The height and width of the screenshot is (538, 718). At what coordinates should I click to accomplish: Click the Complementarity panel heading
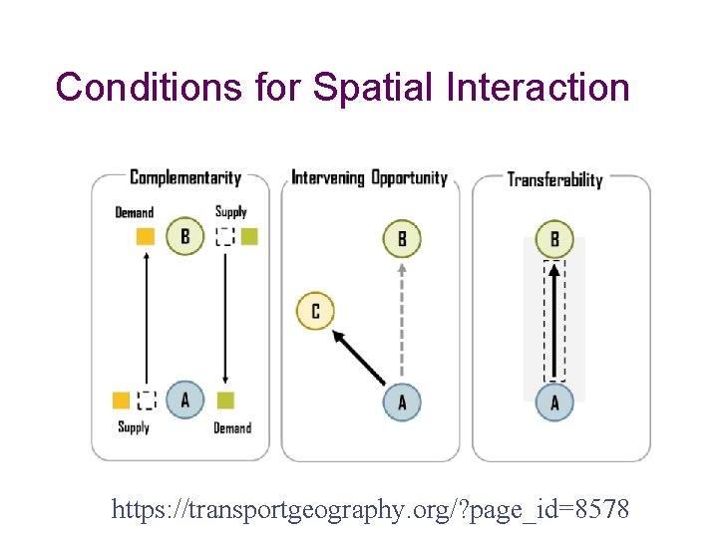pos(185,177)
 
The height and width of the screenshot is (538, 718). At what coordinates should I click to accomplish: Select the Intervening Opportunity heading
pos(369,178)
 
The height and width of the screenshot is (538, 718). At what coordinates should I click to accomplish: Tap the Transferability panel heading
pos(555,179)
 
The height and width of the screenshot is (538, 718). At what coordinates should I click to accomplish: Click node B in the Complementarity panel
pos(184,236)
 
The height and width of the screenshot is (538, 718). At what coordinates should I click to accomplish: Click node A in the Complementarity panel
pos(184,400)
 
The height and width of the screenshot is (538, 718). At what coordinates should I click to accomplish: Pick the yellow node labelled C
pos(315,311)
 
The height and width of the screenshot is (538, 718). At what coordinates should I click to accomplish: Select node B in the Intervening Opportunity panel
pos(402,238)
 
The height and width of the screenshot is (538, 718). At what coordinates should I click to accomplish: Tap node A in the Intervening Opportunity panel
pos(402,402)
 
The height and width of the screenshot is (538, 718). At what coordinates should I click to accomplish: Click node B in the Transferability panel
pos(554,239)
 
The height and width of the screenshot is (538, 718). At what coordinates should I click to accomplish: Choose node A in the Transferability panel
pos(554,402)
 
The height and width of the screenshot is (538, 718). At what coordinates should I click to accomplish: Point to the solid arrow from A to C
pos(358,356)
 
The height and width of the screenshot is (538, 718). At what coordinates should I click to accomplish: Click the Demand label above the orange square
pos(135,212)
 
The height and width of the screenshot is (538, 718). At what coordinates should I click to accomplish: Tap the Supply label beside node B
pos(230,211)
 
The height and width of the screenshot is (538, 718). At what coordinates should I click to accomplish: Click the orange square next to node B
pos(146,236)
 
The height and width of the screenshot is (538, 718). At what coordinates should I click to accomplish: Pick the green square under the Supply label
pos(249,236)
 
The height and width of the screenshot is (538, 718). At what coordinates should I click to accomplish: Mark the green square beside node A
pos(225,400)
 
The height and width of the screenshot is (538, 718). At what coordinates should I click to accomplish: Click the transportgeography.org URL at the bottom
pos(371,510)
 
